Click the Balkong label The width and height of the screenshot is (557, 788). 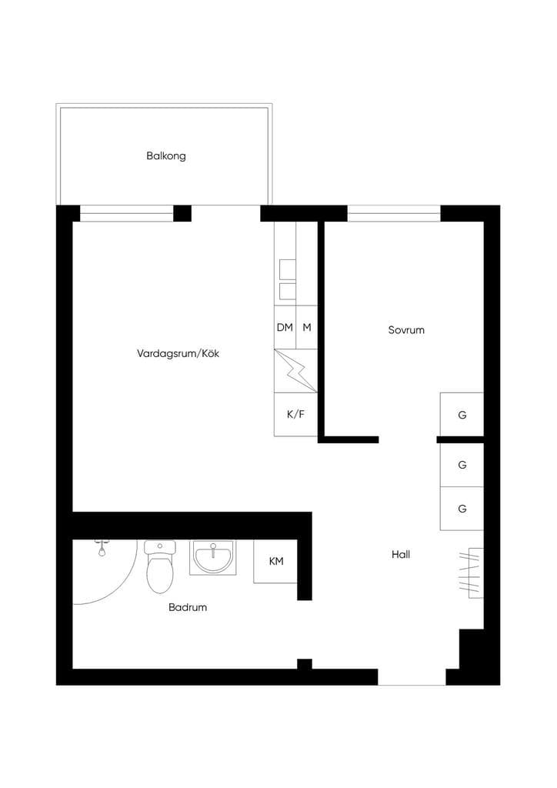[165, 155]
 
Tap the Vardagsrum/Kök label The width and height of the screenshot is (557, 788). [178, 353]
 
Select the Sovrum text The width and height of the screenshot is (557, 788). [405, 330]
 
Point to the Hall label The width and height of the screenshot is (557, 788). [401, 554]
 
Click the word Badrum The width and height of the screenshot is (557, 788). [188, 607]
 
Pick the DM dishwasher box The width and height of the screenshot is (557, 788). [285, 327]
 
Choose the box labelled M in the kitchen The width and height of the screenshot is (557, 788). [307, 327]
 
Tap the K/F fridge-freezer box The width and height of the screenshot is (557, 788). [296, 415]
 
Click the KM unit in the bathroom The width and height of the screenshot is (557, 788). [275, 561]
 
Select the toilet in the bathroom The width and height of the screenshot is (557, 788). [160, 566]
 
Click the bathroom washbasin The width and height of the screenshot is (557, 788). [213, 558]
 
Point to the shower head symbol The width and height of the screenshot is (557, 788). [102, 548]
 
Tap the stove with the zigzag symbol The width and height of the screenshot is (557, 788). [296, 371]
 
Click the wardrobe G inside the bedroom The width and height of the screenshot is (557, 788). [462, 415]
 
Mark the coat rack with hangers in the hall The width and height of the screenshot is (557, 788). [471, 573]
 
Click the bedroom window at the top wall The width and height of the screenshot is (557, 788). [394, 214]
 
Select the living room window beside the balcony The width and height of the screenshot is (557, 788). [127, 214]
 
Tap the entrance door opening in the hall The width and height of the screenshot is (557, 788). [412, 677]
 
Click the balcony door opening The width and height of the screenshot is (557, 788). [225, 213]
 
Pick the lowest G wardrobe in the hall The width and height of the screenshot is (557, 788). [462, 509]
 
